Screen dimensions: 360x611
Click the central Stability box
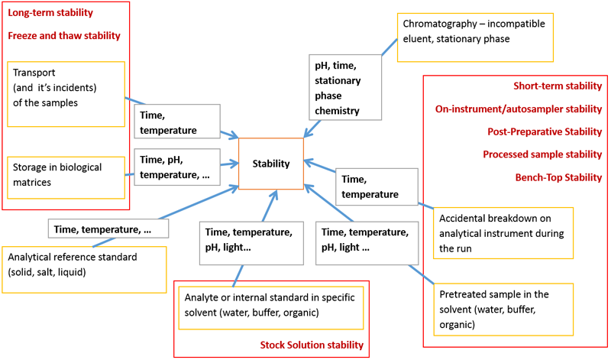point(271,163)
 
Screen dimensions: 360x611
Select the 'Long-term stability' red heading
point(51,13)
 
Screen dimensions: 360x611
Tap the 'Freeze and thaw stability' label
point(64,35)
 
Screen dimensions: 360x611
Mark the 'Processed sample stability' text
point(542,154)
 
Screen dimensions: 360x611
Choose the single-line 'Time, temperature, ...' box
point(108,229)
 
